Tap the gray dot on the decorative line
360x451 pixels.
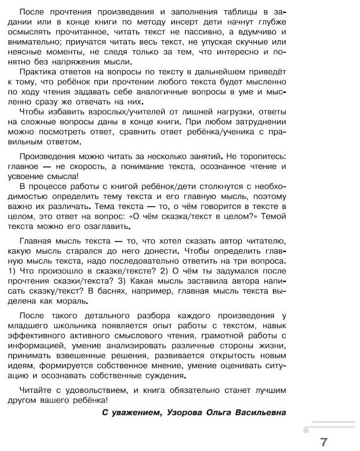(x=306, y=429)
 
